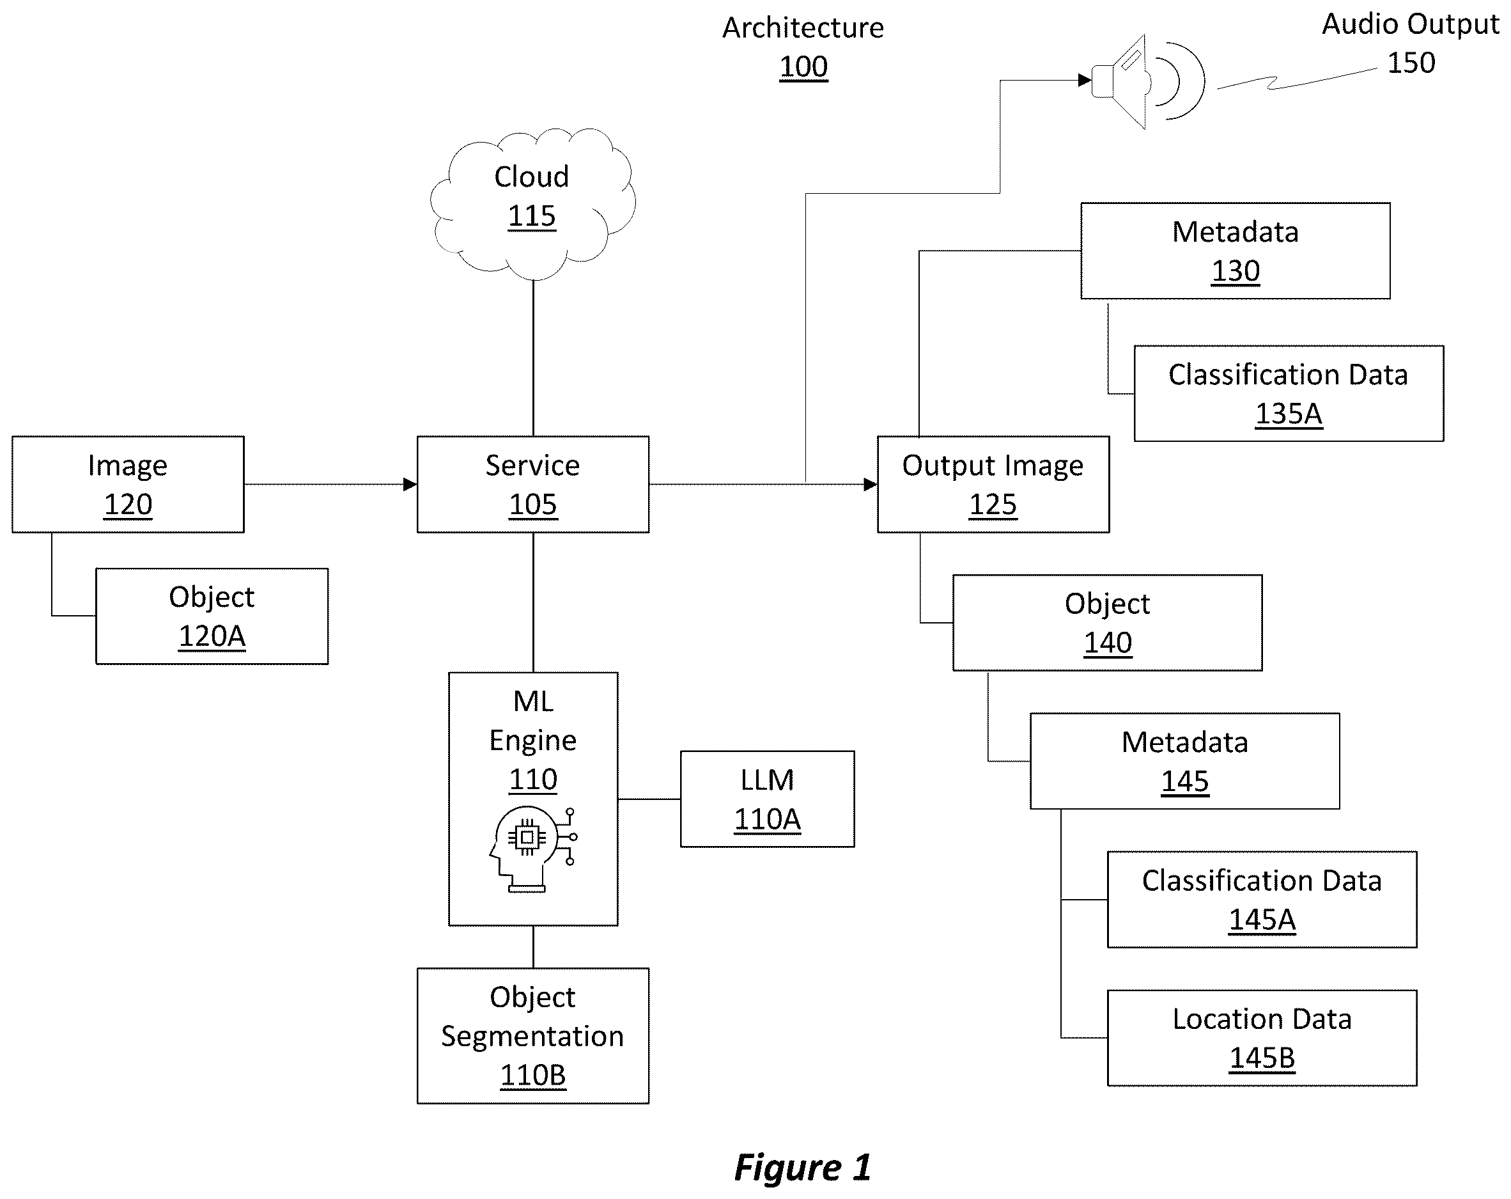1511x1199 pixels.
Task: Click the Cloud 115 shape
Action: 532,203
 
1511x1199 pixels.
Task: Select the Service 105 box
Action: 532,484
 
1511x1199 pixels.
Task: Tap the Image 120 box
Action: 128,484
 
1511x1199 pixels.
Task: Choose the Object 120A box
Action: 212,616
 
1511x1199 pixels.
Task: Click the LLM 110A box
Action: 768,799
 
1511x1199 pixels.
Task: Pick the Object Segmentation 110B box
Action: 532,1036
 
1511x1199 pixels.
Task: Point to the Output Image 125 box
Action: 993,484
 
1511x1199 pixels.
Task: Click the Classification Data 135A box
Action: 1289,393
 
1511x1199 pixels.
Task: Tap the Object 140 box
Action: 1107,623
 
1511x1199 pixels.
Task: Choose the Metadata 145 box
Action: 1184,761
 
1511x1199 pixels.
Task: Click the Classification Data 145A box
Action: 1262,900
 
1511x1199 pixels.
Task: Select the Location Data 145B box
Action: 1262,1038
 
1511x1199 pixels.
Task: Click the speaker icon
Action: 1148,81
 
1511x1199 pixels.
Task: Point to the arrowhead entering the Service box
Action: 410,484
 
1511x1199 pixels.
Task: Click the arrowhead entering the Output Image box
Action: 871,484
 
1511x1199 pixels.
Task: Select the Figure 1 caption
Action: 802,1168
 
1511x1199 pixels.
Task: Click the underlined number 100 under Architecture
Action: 804,67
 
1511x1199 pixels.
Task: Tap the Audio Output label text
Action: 1410,24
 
